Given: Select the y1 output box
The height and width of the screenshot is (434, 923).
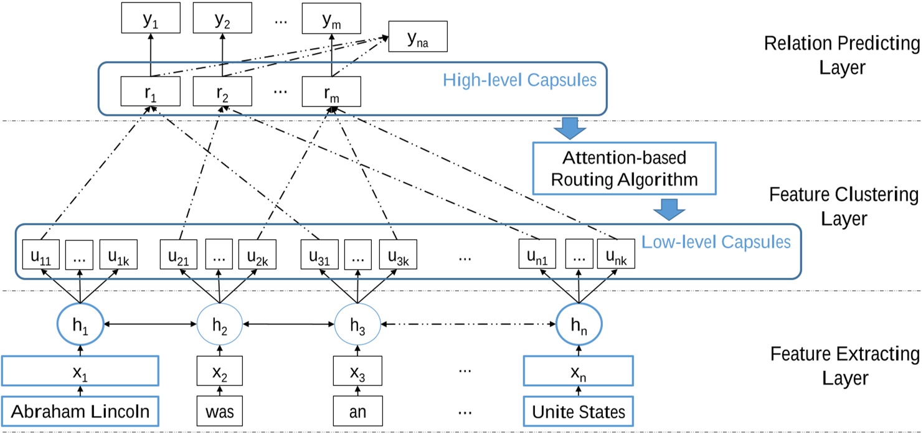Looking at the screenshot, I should (150, 20).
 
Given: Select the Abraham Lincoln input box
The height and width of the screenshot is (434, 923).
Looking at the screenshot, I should (80, 412).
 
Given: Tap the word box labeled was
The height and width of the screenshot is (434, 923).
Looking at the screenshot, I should (219, 412).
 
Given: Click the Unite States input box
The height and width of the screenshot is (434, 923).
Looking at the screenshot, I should (578, 412).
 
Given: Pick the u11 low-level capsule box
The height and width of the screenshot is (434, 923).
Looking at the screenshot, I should (41, 255).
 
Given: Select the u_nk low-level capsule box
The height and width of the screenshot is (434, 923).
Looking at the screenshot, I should (616, 255).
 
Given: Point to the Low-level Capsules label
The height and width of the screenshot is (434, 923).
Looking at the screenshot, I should (717, 242).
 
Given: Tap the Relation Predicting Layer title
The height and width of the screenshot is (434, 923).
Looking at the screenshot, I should (841, 55).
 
